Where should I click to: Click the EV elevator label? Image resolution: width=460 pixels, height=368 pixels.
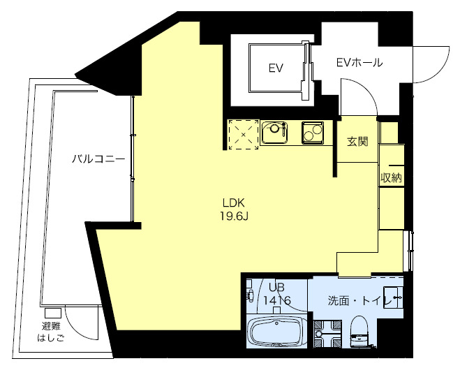[276, 68]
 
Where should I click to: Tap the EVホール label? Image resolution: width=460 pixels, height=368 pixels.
[359, 62]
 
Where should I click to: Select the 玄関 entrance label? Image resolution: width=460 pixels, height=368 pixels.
[357, 142]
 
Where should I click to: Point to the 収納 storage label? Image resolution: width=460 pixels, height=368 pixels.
[391, 177]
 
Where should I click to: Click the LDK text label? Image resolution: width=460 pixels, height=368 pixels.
[234, 203]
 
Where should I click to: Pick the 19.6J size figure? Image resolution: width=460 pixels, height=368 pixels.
[234, 216]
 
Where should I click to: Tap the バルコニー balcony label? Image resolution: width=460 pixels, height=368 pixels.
[98, 159]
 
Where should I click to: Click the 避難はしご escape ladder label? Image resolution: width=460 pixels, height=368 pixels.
[51, 332]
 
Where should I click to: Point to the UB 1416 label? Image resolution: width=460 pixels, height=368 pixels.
[277, 294]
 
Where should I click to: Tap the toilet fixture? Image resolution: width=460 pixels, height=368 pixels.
[359, 331]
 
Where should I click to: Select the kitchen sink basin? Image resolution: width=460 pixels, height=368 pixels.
[274, 132]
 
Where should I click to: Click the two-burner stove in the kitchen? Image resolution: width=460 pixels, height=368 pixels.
[313, 133]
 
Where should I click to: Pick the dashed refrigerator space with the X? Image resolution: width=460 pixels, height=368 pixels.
[244, 134]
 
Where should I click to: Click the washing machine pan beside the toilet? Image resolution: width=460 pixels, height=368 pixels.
[327, 334]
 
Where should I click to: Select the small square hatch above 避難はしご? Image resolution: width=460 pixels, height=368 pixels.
[53, 313]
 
